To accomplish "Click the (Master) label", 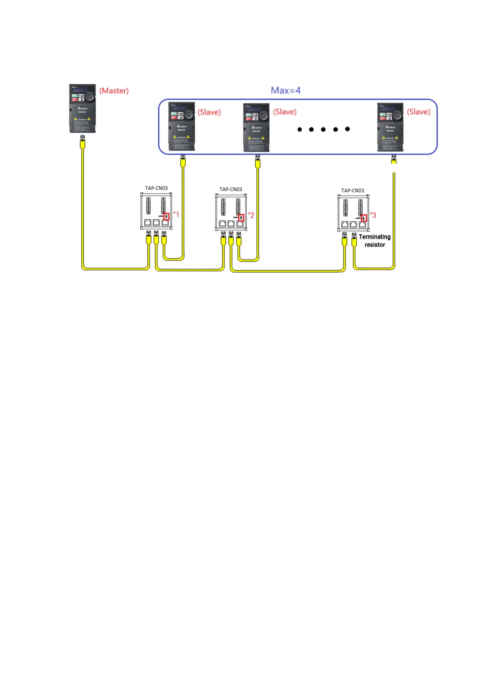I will point(114,91).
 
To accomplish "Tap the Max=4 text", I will point(286,90).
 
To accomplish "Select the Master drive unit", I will point(82,108).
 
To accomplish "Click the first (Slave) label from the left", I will point(209,112).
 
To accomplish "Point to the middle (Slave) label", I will point(285,112).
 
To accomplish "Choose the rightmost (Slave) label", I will point(418,112).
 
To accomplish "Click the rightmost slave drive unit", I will point(390,127).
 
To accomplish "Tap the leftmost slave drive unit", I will point(182,126).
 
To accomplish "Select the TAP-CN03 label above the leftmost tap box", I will point(156,188).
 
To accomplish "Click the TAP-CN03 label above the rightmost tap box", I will point(353,191).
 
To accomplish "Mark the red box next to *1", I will point(166,216).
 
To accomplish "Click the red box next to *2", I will point(241,218).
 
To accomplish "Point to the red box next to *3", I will point(364,218).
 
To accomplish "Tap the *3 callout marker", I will point(373,215).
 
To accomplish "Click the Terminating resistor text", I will point(375,241).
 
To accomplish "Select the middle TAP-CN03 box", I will point(231,212).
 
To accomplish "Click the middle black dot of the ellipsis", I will point(323,129).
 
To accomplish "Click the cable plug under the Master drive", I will point(83,143).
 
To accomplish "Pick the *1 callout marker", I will point(176,214).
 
